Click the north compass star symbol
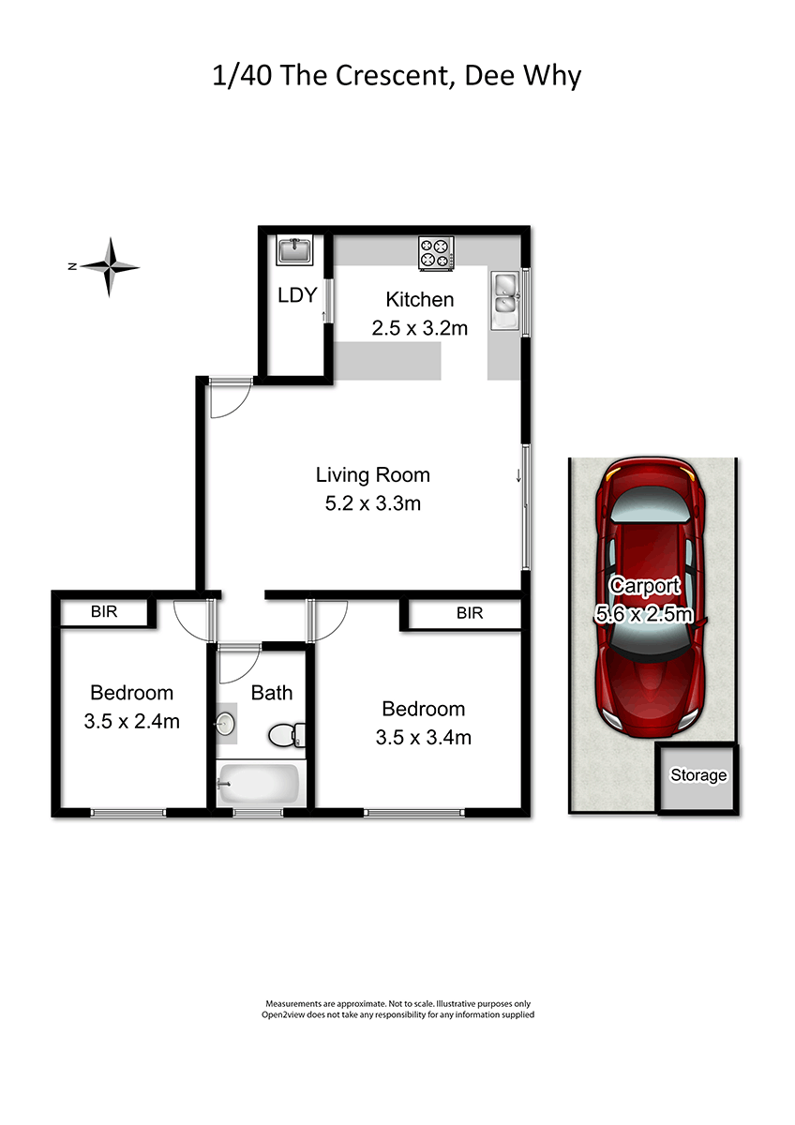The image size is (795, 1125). (x=110, y=266)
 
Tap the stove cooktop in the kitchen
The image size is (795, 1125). (x=435, y=253)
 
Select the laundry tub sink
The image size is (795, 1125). (x=294, y=250)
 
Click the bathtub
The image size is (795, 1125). (x=260, y=784)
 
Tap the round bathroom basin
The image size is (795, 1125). (x=226, y=724)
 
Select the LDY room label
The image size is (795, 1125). (x=297, y=295)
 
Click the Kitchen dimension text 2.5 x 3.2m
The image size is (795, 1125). (x=420, y=328)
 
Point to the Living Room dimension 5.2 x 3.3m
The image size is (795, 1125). (x=372, y=503)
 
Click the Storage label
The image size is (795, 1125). (x=698, y=775)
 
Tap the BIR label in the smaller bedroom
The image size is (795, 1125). (x=104, y=611)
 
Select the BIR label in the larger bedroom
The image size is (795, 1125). (x=470, y=613)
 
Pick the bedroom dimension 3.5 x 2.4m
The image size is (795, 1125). (x=131, y=722)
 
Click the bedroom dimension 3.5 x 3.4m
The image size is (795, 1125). (x=424, y=738)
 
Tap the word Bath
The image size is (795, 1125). (x=272, y=693)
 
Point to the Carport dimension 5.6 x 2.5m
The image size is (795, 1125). (x=644, y=614)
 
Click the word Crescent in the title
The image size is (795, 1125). (x=391, y=76)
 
